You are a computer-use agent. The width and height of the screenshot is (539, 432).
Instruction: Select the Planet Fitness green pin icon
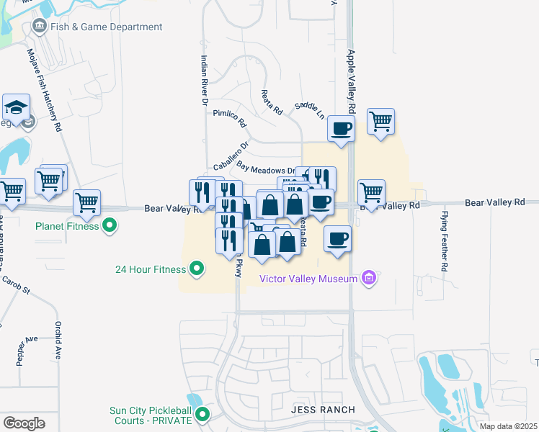pyautogui.click(x=110, y=226)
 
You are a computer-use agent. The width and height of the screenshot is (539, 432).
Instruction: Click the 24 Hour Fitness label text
pyautogui.click(x=151, y=270)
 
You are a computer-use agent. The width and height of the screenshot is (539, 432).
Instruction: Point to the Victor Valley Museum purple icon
pyautogui.click(x=370, y=278)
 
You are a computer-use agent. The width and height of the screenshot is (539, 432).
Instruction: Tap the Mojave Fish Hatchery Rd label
pyautogui.click(x=43, y=90)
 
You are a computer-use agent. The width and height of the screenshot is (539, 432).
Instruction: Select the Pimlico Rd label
pyautogui.click(x=229, y=119)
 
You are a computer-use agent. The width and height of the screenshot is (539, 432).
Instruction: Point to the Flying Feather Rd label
pyautogui.click(x=444, y=242)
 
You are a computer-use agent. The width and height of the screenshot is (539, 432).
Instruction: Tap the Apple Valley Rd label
pyautogui.click(x=352, y=81)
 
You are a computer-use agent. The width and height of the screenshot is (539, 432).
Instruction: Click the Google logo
pyautogui.click(x=24, y=423)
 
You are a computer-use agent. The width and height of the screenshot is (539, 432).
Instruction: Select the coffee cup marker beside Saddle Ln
pyautogui.click(x=341, y=129)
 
